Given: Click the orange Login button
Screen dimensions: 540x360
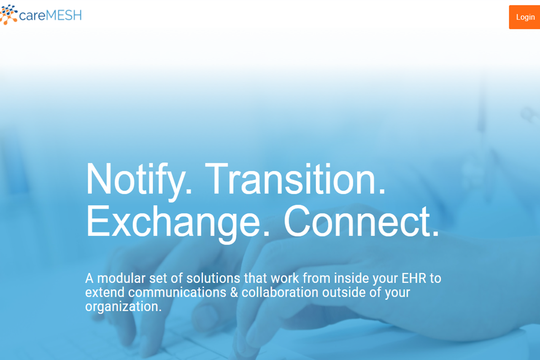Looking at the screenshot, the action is point(524,17).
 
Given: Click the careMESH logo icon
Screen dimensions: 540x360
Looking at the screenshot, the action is point(9,15).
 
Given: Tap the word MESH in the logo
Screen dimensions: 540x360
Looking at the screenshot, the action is point(64,16).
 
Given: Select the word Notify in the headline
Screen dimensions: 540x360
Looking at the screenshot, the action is point(139,180).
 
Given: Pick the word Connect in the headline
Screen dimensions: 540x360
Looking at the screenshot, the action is point(361,221).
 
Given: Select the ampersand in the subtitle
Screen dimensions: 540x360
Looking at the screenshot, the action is point(234,292).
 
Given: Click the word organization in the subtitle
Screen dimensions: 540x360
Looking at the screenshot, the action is point(123,307).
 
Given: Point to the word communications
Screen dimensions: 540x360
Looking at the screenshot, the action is point(177,292).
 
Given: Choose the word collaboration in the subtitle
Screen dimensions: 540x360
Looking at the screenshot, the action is point(280,292).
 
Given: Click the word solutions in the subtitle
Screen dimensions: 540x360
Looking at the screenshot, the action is point(213,278).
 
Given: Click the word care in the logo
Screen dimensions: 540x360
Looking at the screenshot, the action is point(32,16).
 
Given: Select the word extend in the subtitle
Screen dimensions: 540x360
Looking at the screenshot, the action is point(105,292).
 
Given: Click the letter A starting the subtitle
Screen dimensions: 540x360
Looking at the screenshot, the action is point(89,279).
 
